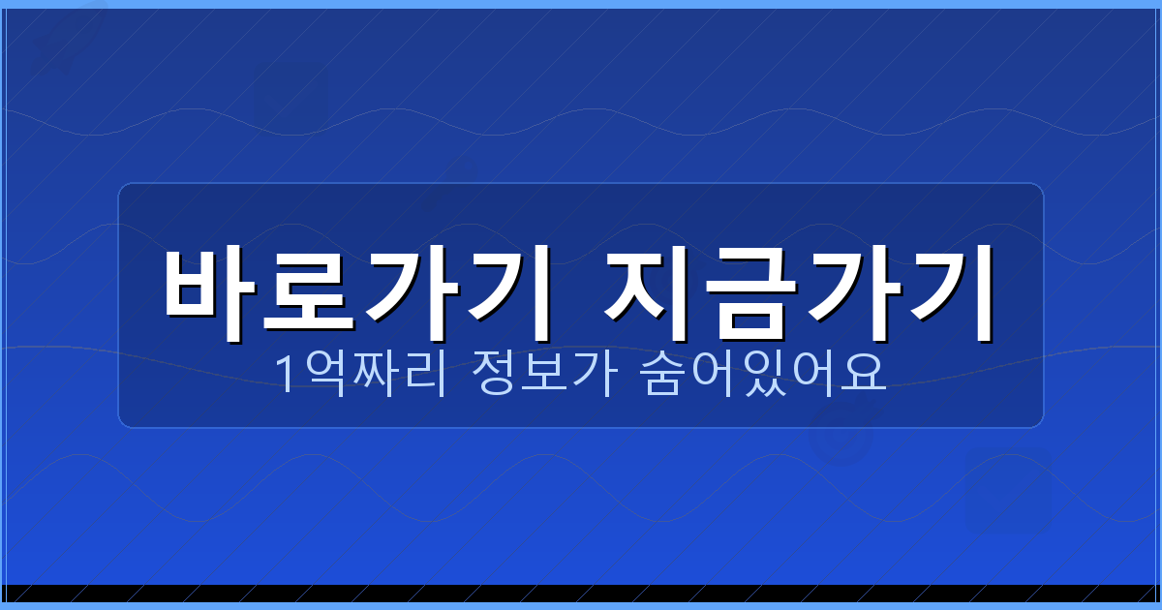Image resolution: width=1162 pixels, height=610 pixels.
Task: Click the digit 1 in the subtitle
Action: click(x=286, y=375)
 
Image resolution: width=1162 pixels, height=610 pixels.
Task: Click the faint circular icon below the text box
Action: click(x=840, y=436)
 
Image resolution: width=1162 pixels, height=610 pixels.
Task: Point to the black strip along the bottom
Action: click(x=581, y=593)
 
